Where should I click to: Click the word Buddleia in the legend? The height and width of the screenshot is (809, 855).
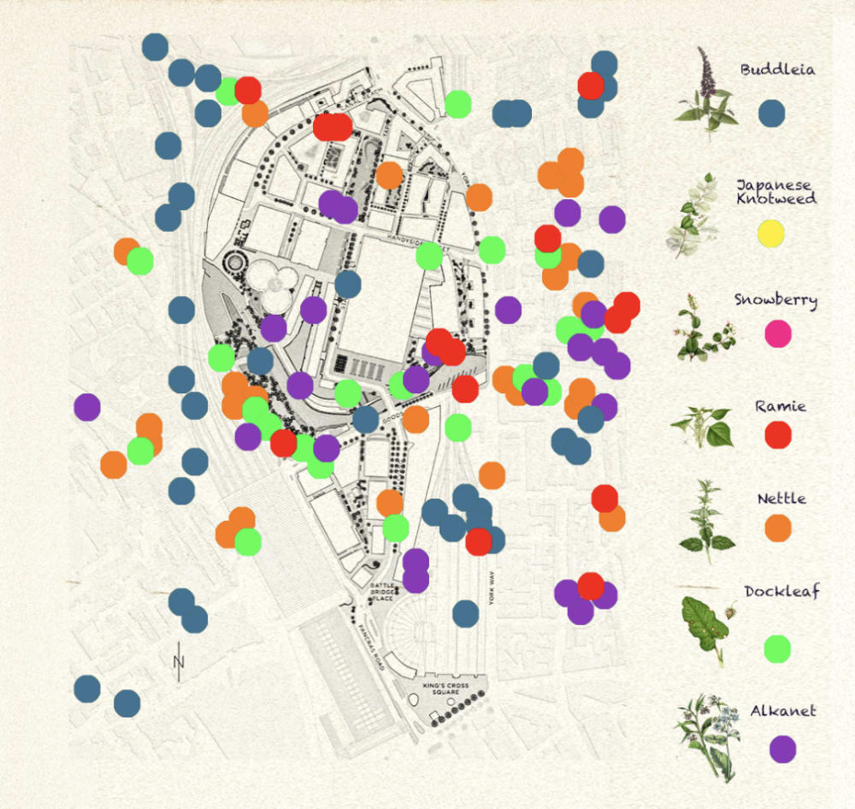coord(777,69)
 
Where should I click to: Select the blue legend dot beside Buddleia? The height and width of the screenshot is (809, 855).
coord(772,114)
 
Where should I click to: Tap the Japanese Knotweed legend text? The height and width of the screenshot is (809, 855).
coord(776,192)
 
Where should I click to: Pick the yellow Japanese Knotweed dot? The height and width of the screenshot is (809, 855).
coord(770,233)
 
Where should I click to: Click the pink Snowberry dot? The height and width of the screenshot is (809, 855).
coord(777,334)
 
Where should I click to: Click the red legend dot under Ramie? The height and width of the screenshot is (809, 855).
coord(778,434)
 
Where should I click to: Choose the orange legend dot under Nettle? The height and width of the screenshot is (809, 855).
coord(778,528)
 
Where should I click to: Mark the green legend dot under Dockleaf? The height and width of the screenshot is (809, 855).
coord(777,648)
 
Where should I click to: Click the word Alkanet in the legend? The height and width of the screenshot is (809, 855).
coord(783,711)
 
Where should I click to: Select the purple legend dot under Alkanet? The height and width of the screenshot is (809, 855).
coord(782,748)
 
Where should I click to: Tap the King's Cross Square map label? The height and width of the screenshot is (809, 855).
coord(446,689)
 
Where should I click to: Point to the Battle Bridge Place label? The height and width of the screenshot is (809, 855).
coord(383,594)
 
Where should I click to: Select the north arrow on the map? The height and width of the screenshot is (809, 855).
coord(179,660)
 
